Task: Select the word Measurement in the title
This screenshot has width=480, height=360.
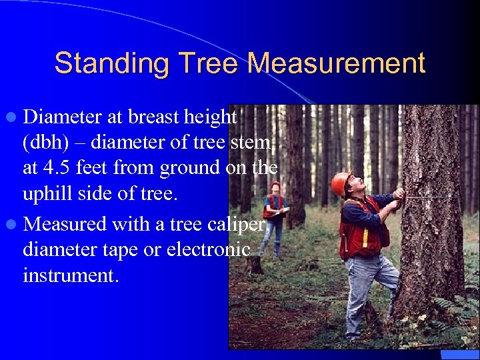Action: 337,64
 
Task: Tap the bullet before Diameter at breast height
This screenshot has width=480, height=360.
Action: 13,118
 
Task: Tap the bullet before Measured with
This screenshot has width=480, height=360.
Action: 13,225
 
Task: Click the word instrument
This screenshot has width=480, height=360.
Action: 71,275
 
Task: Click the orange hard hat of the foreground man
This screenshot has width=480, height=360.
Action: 341,181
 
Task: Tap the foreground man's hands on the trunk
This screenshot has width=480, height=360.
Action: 398,195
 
